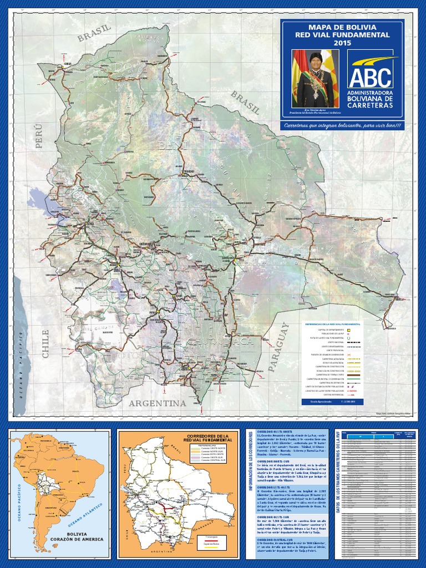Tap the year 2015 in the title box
[342, 43]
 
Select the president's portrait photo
[315, 78]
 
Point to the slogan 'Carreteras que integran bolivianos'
[342, 126]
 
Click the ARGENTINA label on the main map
[157, 403]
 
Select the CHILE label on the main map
[45, 343]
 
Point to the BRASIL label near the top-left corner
[95, 33]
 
